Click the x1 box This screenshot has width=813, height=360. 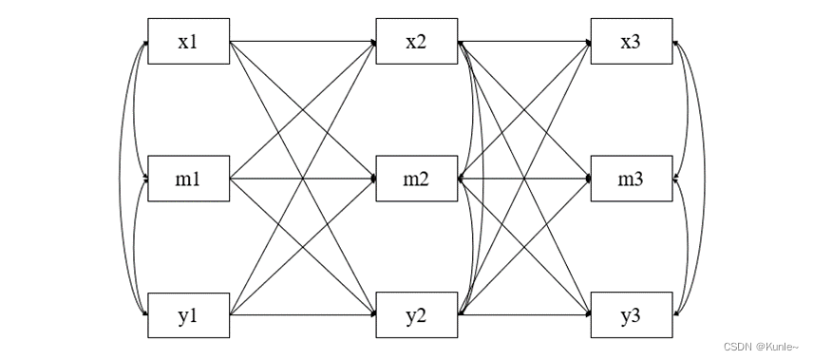(188, 42)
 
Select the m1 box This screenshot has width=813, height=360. (188, 178)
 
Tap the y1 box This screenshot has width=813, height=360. (188, 314)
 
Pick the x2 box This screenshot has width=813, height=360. (416, 42)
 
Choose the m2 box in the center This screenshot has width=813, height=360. (416, 178)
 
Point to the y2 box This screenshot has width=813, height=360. (416, 314)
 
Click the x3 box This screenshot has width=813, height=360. (631, 42)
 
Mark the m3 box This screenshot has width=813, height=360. (631, 178)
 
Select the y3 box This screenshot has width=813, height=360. (631, 314)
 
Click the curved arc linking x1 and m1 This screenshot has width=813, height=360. (135, 109)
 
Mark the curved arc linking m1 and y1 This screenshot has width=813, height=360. (135, 246)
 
